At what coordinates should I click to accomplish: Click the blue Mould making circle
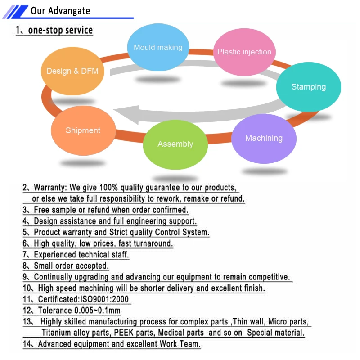coord(158,48)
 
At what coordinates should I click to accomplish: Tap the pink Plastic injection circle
coord(244,52)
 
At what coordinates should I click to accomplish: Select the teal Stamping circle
coord(308,87)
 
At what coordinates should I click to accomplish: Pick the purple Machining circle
coord(264,139)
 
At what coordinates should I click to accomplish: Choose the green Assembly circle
coord(175,144)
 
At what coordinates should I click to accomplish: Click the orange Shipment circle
coord(83,131)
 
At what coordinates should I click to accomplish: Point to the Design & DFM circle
coord(72,71)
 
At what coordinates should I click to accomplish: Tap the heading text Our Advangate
coord(60,11)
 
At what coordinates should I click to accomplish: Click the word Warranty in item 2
coord(50,187)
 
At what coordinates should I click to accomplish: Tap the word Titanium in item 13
coord(57,333)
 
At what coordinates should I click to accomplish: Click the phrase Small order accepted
coord(72,266)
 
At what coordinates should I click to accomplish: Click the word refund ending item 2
coord(233,198)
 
